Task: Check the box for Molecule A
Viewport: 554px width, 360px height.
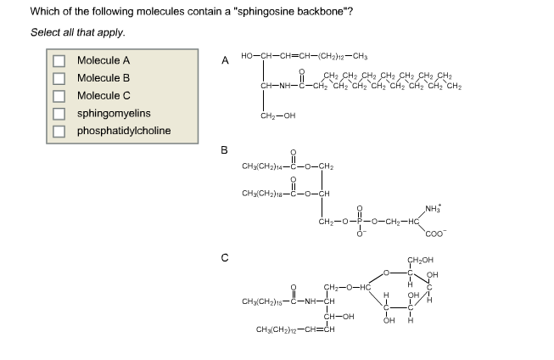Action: tap(59, 61)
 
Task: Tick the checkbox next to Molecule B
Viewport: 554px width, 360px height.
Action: tap(59, 78)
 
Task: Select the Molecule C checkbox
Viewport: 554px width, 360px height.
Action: tap(59, 95)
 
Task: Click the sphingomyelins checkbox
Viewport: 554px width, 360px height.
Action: tap(59, 113)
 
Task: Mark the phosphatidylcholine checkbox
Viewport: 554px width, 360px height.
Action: tap(59, 131)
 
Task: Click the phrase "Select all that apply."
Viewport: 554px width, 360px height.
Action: tap(78, 32)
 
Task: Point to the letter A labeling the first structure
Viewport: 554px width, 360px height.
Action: tap(225, 60)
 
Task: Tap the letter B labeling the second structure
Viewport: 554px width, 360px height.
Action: tap(225, 150)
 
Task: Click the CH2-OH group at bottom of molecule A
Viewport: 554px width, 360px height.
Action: tap(278, 115)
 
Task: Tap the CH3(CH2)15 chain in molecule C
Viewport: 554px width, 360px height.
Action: tap(264, 301)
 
